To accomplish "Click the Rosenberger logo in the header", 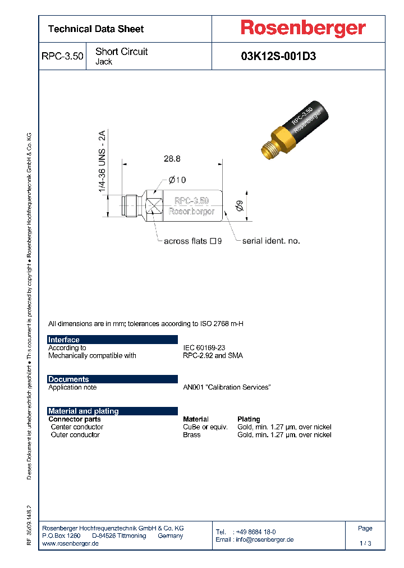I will tap(303, 28).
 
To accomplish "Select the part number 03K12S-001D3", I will tap(278, 56).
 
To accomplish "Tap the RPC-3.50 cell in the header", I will tap(62, 56).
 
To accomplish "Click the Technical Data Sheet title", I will tap(96, 29).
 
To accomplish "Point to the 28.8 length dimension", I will tap(172, 159).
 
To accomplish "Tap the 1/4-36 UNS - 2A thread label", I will tap(102, 162).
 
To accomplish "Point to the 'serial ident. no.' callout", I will tap(271, 241).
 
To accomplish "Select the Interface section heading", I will tap(64, 340).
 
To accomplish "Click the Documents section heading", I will tap(68, 379).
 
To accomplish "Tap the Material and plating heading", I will tap(84, 411).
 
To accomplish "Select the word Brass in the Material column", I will tap(191, 434).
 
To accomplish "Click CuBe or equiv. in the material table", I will tap(205, 427).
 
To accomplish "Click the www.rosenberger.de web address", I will tap(71, 544).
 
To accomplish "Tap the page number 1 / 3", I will tap(365, 543).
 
